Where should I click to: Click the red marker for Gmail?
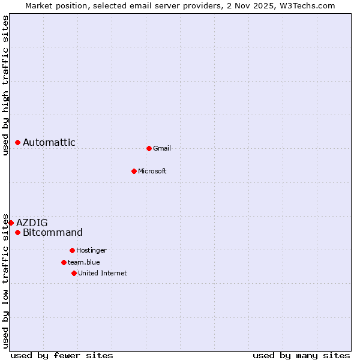point(149,148)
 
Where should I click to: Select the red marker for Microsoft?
point(134,171)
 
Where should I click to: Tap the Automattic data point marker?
point(18,142)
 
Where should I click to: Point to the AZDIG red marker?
point(11,223)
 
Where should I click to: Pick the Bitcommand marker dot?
point(18,232)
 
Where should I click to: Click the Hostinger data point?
point(72,250)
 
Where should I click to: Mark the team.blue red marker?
point(64,262)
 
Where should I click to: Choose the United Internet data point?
point(74,273)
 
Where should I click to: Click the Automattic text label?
point(49,142)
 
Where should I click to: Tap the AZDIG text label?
point(32,223)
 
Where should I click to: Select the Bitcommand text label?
point(53,232)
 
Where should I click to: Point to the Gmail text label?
point(162,148)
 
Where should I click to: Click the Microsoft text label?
point(152,171)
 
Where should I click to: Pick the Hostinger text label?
point(91,250)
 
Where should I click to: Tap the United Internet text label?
point(103,273)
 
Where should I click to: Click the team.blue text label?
point(84,262)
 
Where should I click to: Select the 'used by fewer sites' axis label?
point(62,355)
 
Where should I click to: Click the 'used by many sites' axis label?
point(301,355)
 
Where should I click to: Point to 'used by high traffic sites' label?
point(5,85)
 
